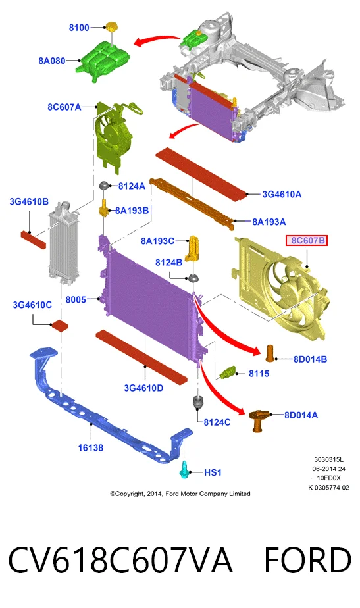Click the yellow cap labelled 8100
112,27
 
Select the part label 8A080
52,61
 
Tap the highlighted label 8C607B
307,241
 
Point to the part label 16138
90,448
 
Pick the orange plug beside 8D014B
270,353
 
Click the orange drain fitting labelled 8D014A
258,420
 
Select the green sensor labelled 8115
228,372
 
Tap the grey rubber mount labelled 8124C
198,403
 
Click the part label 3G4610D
143,388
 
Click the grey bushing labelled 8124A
105,186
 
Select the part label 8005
76,300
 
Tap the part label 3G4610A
282,194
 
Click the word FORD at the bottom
307,561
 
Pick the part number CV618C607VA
120,561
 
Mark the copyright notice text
180,494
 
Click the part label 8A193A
269,222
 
